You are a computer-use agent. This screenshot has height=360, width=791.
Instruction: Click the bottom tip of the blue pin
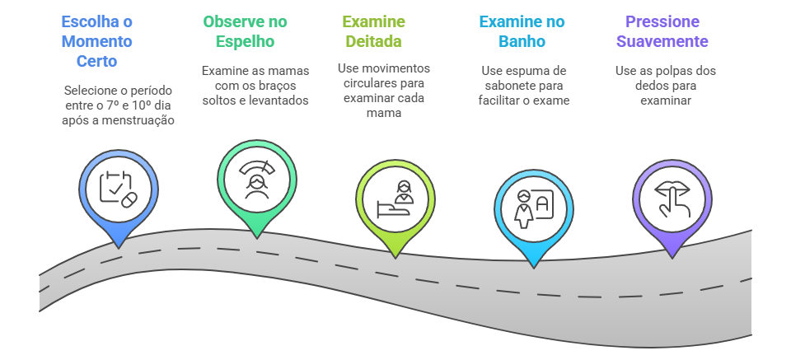(119, 245)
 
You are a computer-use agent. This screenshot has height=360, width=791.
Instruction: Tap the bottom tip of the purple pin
(672, 257)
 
